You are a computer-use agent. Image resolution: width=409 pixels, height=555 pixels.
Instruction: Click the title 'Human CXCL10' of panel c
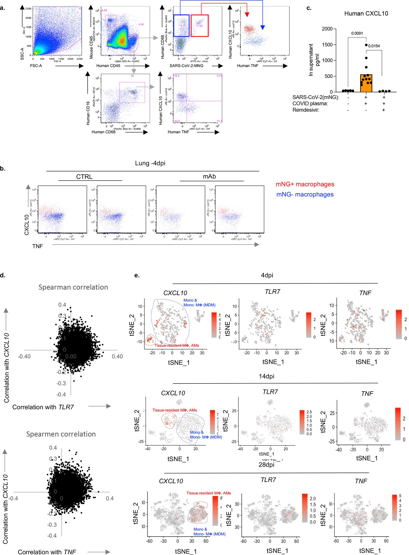[x=366, y=13]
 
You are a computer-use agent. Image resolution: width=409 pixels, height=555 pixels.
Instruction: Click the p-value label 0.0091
[x=357, y=34]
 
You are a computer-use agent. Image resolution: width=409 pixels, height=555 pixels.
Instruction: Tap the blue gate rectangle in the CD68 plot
[x=181, y=26]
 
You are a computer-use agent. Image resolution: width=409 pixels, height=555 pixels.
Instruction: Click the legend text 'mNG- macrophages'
[x=305, y=195]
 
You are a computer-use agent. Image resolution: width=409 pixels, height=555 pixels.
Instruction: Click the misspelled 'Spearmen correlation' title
[x=61, y=434]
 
